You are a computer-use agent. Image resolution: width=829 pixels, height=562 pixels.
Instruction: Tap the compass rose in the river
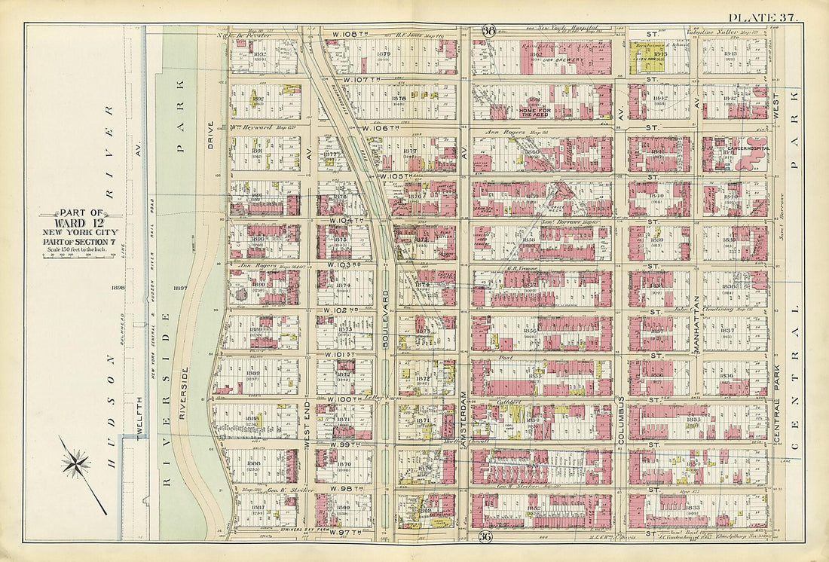pos(77,464)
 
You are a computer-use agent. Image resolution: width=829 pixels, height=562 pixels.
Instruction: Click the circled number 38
pos(488,31)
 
